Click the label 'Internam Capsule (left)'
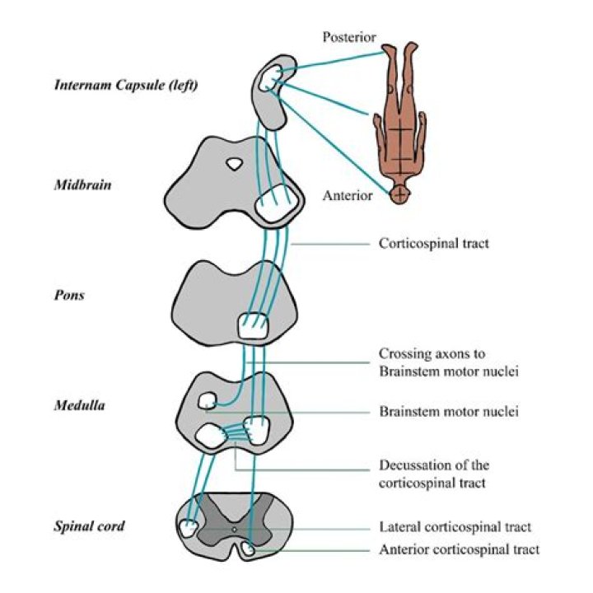(125, 84)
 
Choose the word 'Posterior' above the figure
(349, 37)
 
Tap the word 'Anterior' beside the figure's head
(348, 196)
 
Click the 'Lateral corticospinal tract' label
(455, 527)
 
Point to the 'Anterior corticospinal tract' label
(460, 549)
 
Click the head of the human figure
(399, 195)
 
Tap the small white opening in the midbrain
(235, 164)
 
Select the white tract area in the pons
(253, 326)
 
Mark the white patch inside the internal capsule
(270, 77)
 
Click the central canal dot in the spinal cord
(235, 530)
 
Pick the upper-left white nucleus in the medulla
(208, 401)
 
